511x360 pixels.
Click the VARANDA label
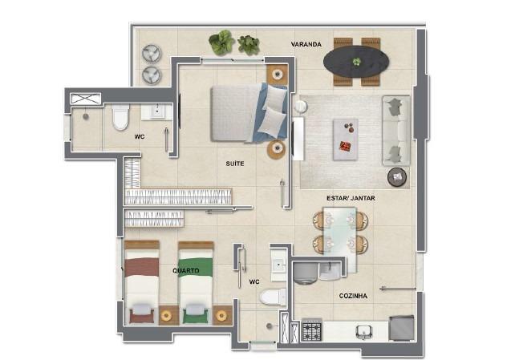tap(306, 44)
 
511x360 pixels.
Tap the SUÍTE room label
tap(234, 164)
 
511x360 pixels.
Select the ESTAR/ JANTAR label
tap(351, 198)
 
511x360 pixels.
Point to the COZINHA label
tap(353, 296)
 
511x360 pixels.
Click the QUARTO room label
tap(186, 271)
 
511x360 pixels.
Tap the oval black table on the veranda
tap(356, 62)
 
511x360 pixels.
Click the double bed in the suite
tap(249, 113)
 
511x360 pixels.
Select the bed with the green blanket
tap(196, 283)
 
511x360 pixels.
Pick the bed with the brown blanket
tap(142, 282)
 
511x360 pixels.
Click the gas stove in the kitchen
tap(311, 330)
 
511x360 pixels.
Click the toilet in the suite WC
tap(120, 117)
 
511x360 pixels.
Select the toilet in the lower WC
tap(273, 297)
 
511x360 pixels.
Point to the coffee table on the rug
tap(346, 140)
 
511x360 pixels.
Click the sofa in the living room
tap(396, 131)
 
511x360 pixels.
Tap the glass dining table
tap(340, 240)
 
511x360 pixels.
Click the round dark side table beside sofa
tap(397, 177)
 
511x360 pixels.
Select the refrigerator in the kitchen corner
tap(402, 328)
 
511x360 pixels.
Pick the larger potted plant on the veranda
tap(221, 42)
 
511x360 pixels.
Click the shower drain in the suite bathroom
tap(86, 116)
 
